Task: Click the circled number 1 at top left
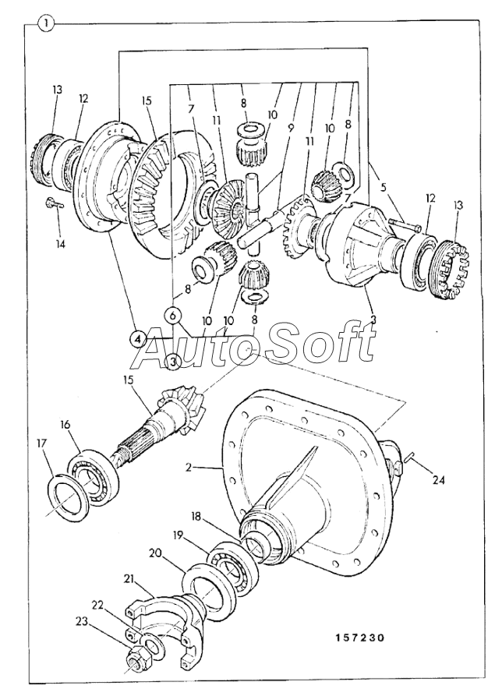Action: click(x=48, y=23)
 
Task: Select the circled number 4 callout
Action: click(x=137, y=339)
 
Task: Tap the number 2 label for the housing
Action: click(x=188, y=468)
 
